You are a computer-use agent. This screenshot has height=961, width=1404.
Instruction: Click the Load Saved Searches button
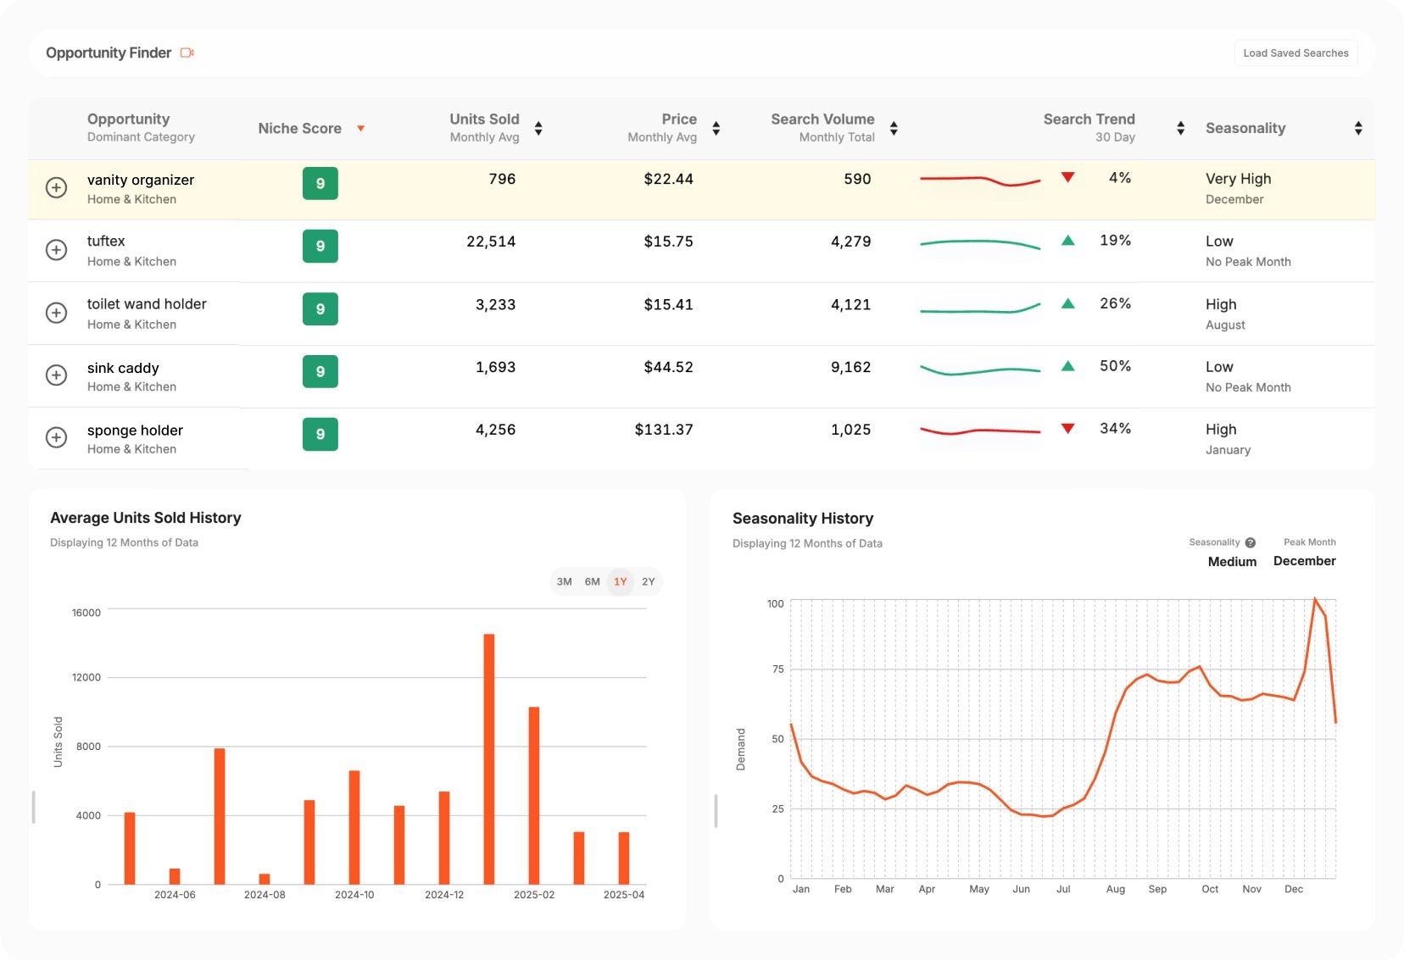1295,53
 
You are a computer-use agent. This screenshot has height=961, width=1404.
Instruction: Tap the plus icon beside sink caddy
56,375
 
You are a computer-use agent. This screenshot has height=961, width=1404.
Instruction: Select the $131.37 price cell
663,430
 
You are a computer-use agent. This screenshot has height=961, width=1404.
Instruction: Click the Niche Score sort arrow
360,129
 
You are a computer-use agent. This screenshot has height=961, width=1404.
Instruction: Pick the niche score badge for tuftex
320,246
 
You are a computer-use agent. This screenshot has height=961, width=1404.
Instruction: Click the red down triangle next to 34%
1067,429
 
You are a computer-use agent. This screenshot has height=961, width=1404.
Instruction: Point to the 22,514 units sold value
490,242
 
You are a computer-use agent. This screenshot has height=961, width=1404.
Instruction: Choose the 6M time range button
592,582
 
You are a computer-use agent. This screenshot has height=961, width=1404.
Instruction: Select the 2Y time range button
648,582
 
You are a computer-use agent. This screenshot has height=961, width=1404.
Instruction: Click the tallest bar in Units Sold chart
488,758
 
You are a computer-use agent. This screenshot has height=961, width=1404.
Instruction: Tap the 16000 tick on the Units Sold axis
86,613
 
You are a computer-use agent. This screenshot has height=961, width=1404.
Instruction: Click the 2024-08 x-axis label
265,895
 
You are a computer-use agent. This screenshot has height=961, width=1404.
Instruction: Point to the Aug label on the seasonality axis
1115,889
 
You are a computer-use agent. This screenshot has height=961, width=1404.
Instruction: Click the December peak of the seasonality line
1314,600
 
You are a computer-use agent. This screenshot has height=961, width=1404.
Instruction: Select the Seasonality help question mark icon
1250,542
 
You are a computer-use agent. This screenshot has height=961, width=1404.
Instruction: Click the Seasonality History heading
802,518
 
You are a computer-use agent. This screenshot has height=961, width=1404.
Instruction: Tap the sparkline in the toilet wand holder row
979,309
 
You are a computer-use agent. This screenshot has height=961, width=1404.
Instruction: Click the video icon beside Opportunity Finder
187,53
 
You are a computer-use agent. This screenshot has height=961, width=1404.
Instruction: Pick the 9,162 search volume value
850,367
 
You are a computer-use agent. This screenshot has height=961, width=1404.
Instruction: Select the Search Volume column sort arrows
894,129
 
